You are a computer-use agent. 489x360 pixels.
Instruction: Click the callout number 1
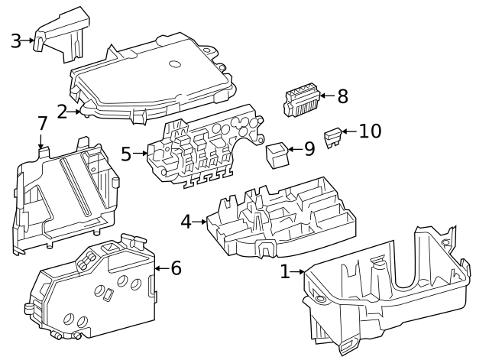click(x=285, y=271)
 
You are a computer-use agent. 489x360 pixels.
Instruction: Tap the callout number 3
click(x=16, y=41)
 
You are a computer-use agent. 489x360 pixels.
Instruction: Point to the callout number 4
click(x=186, y=222)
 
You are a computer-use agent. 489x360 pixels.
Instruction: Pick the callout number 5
click(x=127, y=154)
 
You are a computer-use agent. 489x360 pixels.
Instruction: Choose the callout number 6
click(x=176, y=268)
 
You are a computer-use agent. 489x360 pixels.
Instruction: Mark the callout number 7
click(x=42, y=124)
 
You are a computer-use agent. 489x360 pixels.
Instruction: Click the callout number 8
click(x=342, y=96)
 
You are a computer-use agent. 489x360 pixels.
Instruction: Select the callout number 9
click(x=309, y=148)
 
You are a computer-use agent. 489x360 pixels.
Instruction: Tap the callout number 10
click(x=370, y=131)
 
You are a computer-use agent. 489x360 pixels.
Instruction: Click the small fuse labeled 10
click(x=332, y=137)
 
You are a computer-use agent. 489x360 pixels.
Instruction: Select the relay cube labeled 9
click(x=276, y=154)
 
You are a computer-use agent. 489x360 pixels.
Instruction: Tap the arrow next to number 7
click(x=40, y=141)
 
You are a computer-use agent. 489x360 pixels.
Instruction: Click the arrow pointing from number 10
click(x=348, y=132)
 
